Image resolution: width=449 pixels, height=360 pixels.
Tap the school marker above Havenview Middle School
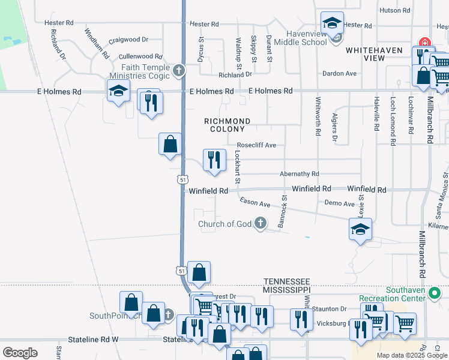(332, 23)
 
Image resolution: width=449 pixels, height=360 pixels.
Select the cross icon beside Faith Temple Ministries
(178, 71)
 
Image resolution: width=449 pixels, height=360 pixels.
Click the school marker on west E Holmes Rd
(119, 91)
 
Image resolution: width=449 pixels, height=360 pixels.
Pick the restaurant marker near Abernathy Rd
(214, 160)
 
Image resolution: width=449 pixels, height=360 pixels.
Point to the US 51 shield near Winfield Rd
(183, 179)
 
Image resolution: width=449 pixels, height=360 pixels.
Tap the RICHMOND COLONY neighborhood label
(227, 125)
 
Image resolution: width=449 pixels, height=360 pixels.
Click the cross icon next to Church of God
(260, 224)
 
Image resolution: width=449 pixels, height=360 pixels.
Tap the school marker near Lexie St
(360, 229)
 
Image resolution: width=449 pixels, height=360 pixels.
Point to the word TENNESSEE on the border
(287, 281)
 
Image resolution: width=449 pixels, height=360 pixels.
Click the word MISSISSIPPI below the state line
(287, 289)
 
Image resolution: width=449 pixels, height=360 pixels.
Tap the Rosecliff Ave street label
(256, 145)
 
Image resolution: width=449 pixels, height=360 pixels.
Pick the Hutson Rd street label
(394, 11)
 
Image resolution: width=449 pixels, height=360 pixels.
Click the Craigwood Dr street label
(128, 40)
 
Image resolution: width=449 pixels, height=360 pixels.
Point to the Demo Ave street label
(340, 204)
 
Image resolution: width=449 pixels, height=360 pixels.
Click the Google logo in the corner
(20, 352)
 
